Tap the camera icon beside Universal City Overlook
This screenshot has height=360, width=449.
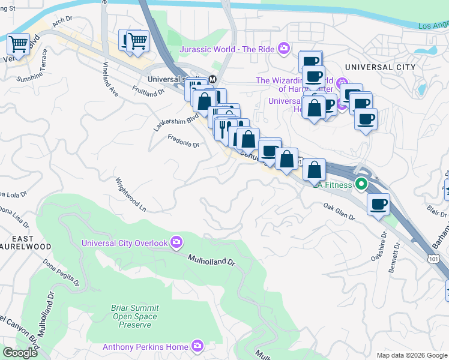click(x=176, y=242)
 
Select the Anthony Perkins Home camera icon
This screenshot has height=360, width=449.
click(x=197, y=346)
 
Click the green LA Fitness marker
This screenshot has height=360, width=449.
click(x=361, y=184)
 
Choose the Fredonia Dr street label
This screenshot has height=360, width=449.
click(x=184, y=140)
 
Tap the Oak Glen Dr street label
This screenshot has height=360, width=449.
click(x=339, y=212)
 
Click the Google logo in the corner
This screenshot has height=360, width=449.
click(x=20, y=352)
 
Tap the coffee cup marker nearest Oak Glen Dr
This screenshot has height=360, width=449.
click(x=378, y=204)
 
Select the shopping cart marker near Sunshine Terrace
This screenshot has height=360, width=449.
click(x=19, y=44)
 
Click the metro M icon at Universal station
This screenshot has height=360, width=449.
click(x=212, y=79)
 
